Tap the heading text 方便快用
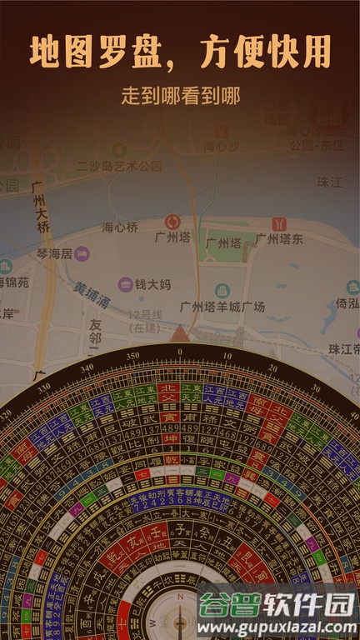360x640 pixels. [266, 52]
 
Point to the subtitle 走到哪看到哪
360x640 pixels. [180, 96]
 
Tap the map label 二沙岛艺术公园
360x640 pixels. [119, 166]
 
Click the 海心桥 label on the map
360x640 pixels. [119, 227]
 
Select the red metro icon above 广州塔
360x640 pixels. [172, 222]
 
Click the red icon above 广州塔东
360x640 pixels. [279, 223]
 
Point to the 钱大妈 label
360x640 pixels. [152, 284]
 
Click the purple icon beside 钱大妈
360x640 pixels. [125, 284]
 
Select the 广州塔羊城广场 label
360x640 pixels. [222, 307]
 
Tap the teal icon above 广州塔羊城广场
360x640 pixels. [222, 290]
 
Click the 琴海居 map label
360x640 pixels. [54, 253]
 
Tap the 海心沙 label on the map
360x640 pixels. [221, 146]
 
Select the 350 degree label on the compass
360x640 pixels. [132, 356]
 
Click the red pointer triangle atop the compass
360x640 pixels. [180, 335]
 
